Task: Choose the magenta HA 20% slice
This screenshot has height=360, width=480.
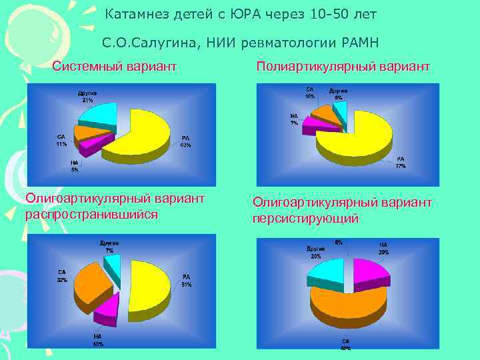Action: tap(370, 270)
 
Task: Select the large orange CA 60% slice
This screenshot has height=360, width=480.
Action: tap(347, 307)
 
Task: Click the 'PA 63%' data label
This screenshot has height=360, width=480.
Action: tap(185, 142)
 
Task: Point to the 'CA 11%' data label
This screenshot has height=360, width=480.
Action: tap(61, 141)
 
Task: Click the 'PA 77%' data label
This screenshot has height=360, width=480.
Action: tap(400, 162)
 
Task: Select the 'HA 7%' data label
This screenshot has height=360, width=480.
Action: tap(294, 119)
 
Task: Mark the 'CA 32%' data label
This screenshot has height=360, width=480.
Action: tap(62, 275)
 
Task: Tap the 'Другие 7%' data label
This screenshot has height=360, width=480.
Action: tap(109, 246)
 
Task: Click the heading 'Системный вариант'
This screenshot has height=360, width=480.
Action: tap(114, 67)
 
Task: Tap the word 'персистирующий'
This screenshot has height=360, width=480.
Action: tap(305, 218)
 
